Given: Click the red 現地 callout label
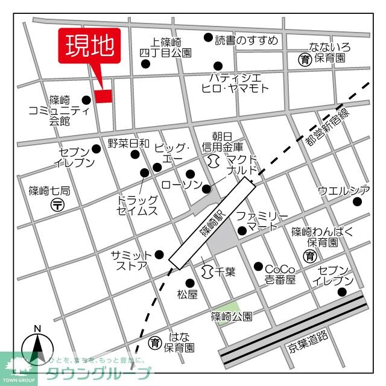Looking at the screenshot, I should coord(89,45).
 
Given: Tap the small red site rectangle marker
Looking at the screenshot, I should coord(103,96).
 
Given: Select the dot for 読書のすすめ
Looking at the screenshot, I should coord(208,37).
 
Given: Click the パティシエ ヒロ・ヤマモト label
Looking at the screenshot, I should coord(235,82).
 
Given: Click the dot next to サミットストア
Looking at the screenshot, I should coord(159,255).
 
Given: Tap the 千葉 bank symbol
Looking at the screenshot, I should coord(207,271).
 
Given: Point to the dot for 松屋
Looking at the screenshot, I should coord(189,282).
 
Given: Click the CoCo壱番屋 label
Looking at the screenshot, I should coord(280,274).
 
